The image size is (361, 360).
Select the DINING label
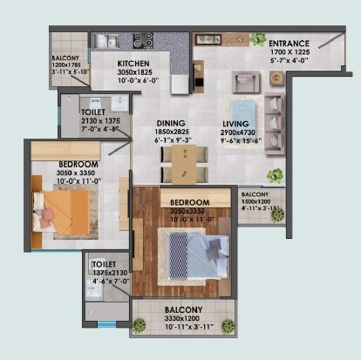point(170,124)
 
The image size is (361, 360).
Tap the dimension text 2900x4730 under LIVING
point(235,134)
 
